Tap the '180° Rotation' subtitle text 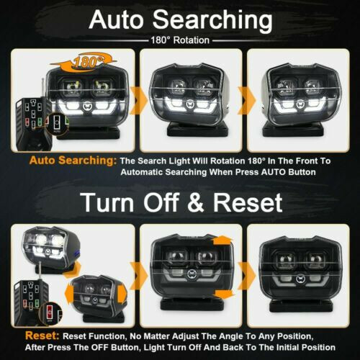(x=179, y=41)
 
